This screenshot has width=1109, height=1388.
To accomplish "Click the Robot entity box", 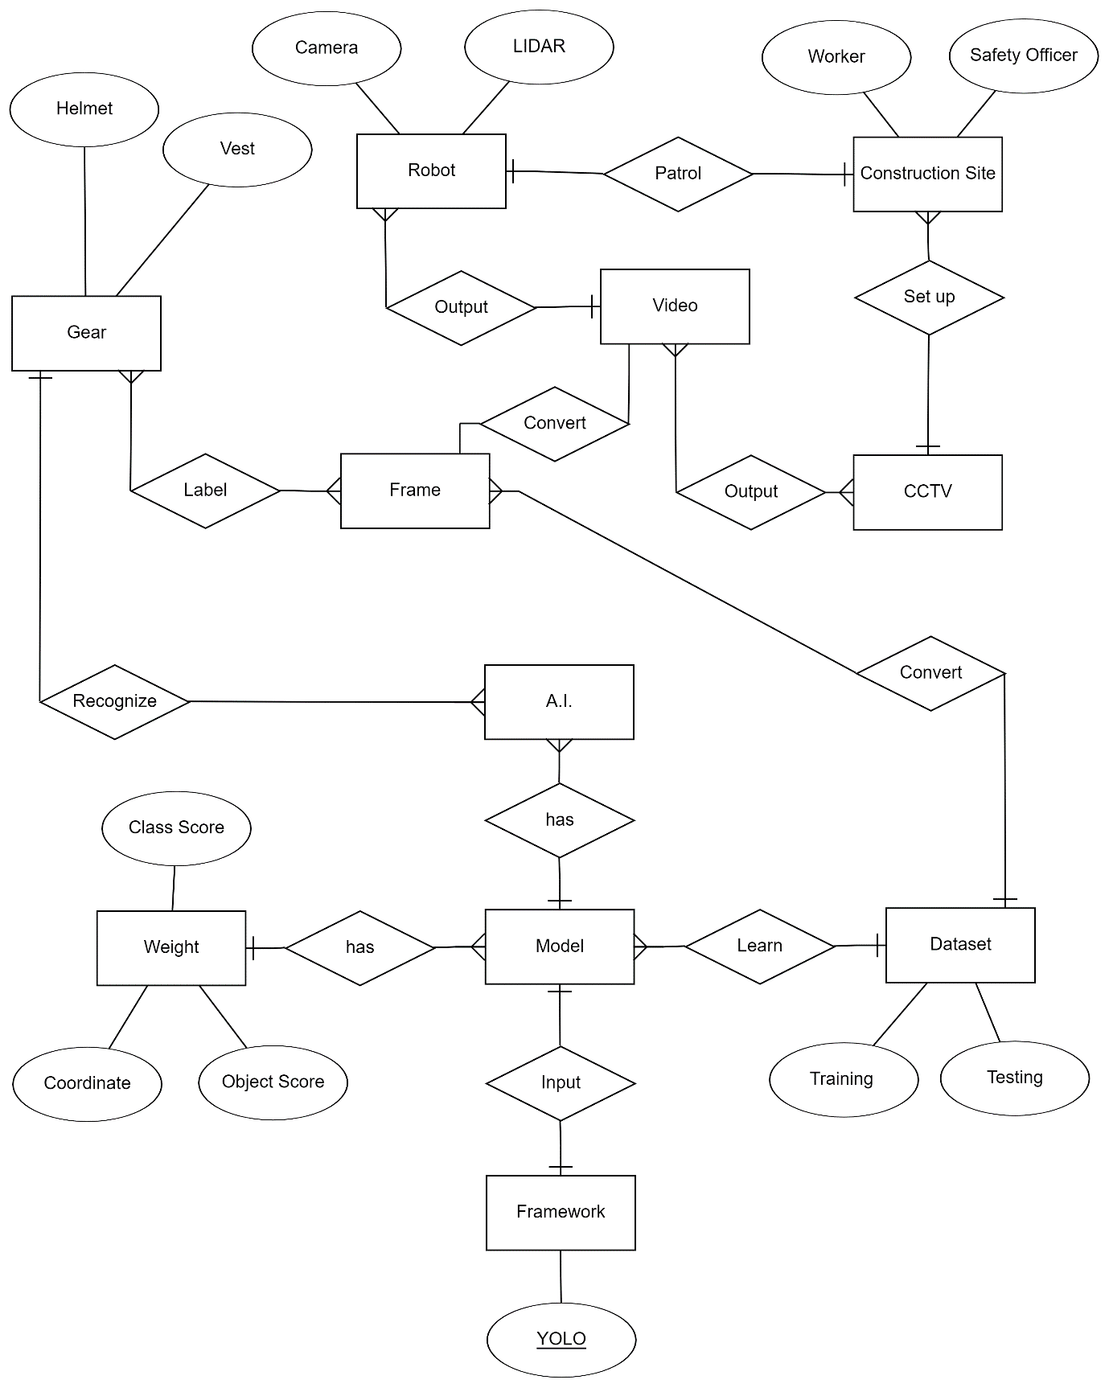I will click(x=431, y=171).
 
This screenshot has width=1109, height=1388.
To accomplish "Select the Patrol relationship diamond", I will click(x=678, y=174).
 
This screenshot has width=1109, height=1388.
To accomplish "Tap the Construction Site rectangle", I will click(x=927, y=174).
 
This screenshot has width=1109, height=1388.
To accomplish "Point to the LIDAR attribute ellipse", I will click(x=539, y=47).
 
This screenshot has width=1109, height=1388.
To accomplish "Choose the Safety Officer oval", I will click(x=1023, y=55).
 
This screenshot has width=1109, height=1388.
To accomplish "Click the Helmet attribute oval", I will click(x=84, y=109).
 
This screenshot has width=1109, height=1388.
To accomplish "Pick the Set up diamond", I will click(x=929, y=297).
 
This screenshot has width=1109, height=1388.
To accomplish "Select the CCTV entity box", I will click(x=927, y=492).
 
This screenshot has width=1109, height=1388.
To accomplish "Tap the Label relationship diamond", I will click(x=205, y=491).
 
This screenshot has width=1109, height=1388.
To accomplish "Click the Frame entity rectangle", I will click(x=415, y=491).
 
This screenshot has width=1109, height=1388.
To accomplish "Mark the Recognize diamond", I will click(x=115, y=701).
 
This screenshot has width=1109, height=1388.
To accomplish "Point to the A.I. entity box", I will click(x=559, y=701).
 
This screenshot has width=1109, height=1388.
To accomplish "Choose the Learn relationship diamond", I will click(x=759, y=946).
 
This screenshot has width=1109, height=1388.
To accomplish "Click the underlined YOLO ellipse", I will click(x=561, y=1339).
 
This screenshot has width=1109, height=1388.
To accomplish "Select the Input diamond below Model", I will click(x=561, y=1082).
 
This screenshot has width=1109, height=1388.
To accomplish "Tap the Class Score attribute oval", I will click(x=176, y=827).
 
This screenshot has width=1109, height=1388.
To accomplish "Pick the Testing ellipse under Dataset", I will click(x=1014, y=1078).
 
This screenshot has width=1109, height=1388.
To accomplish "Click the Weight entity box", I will click(x=171, y=947).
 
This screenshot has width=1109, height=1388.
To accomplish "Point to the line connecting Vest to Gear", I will click(x=162, y=240).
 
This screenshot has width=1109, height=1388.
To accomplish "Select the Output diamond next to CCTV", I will click(x=751, y=492).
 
